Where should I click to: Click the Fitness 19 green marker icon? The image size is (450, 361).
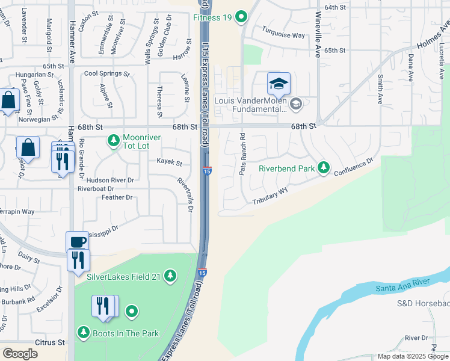[x=241, y=17]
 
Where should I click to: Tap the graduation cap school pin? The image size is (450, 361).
[x=279, y=84]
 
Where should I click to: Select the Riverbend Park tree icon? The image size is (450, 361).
[x=324, y=168]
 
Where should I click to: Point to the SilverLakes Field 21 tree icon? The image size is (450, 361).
[x=171, y=276]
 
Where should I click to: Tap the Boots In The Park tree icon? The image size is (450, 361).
[x=83, y=332]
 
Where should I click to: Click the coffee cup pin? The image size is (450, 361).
[x=76, y=241]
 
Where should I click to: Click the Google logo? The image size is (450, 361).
[x=19, y=353]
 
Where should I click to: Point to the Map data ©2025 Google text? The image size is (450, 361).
[x=413, y=356]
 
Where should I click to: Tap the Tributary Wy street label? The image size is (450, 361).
[x=270, y=197]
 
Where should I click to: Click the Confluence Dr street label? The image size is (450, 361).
[x=353, y=165]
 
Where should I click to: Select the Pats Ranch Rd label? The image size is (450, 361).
[x=242, y=154]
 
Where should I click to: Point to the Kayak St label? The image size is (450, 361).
[x=169, y=162]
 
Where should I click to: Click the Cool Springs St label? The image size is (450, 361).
[x=106, y=74]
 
